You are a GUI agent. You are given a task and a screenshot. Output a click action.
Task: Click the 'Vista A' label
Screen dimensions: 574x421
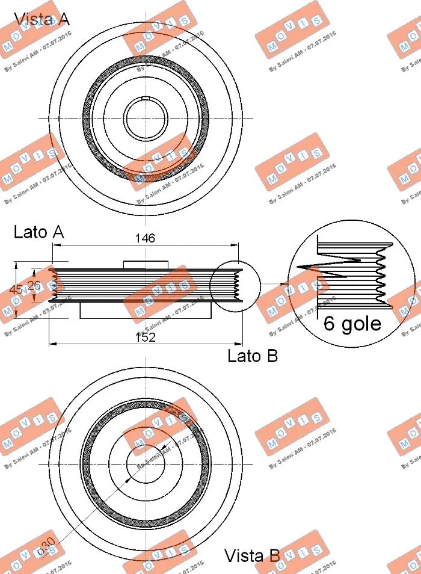[41, 19]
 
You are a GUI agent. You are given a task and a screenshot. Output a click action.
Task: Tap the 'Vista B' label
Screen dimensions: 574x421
[252, 555]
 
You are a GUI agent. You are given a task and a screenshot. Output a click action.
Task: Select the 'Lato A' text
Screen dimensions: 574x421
[38, 232]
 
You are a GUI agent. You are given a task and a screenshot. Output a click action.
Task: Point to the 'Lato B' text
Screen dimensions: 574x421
[253, 356]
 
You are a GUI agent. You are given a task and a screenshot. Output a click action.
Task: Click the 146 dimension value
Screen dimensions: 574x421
[145, 238]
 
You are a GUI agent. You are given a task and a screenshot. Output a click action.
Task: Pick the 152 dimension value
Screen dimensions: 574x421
[145, 338]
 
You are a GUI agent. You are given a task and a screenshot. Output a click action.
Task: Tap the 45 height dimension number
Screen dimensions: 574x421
[16, 290]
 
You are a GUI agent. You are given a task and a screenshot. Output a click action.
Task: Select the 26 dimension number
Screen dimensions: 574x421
[34, 285]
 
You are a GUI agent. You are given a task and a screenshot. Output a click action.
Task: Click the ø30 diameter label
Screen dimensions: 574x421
[46, 546]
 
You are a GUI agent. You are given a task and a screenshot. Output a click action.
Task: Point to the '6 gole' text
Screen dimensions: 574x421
[352, 324]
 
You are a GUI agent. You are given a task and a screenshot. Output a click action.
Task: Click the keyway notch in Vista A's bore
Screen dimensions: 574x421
[146, 97]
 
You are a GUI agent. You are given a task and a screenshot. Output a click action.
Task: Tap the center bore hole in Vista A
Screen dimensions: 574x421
[146, 117]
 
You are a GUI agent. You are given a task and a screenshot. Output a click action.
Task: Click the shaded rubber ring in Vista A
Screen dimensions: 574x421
[88, 117]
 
